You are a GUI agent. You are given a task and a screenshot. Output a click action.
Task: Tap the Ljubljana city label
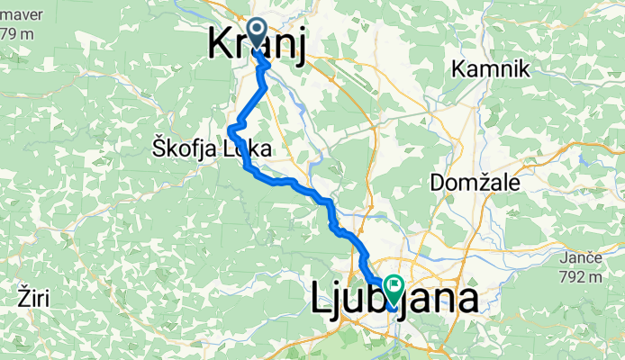tap(394, 299)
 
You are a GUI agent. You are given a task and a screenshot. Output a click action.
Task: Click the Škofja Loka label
tap(203, 148)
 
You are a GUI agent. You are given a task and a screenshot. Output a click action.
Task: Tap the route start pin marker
tap(257, 34)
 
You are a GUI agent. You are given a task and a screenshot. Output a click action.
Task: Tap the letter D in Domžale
tap(437, 183)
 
